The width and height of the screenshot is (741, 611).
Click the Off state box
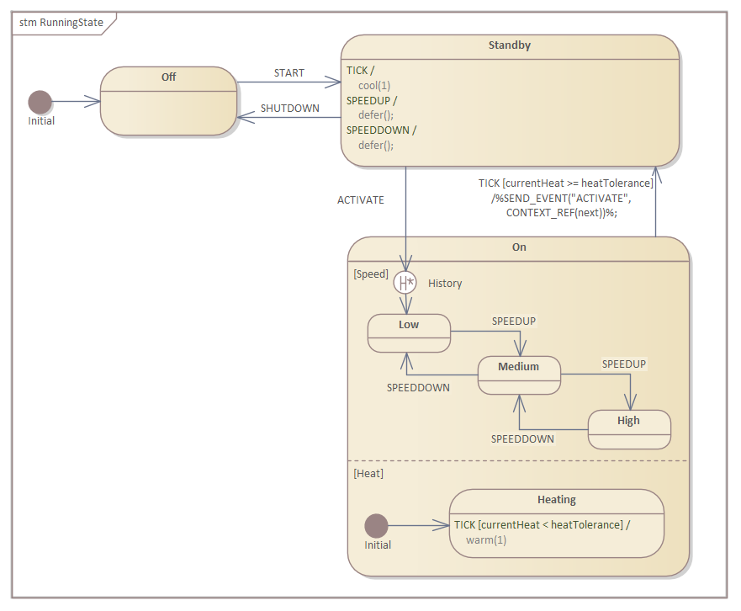[x=168, y=101]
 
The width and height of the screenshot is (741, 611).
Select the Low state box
[x=409, y=333]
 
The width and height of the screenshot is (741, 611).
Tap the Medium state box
[x=518, y=375]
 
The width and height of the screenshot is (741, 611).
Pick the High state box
[x=628, y=429]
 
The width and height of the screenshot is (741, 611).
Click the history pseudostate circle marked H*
[x=405, y=283]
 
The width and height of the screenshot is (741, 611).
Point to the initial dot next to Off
[x=40, y=102]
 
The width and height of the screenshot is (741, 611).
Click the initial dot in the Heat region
[x=376, y=526]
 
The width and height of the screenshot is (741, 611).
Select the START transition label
[x=288, y=73]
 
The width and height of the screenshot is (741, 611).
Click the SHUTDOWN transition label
[x=289, y=109]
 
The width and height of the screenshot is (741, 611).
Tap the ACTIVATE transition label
[x=360, y=200]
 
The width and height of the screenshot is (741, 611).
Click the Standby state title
[x=510, y=45]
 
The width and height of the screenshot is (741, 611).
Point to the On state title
[x=519, y=247]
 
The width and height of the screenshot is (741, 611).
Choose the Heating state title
[x=556, y=500]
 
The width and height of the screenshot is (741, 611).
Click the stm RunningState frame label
[x=61, y=23]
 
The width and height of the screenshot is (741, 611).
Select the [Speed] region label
[x=371, y=274]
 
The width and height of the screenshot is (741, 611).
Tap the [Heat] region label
[x=368, y=474]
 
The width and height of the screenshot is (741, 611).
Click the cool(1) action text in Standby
[x=374, y=85]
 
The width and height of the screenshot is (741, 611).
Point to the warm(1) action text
[x=486, y=540]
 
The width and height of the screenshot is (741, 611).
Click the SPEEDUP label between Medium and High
[x=623, y=364]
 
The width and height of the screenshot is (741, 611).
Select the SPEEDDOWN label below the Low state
[x=418, y=388]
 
